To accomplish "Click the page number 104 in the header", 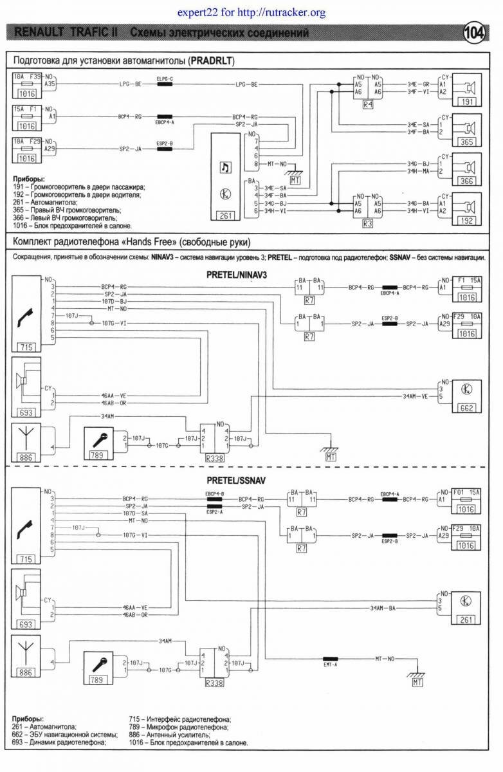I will tap(476, 32).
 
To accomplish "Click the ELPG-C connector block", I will tap(165, 84).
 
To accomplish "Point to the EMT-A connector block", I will tap(331, 659).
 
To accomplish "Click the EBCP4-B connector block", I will tap(214, 499).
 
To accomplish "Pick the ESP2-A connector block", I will tap(214, 507).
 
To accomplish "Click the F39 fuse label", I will tap(35, 77).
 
